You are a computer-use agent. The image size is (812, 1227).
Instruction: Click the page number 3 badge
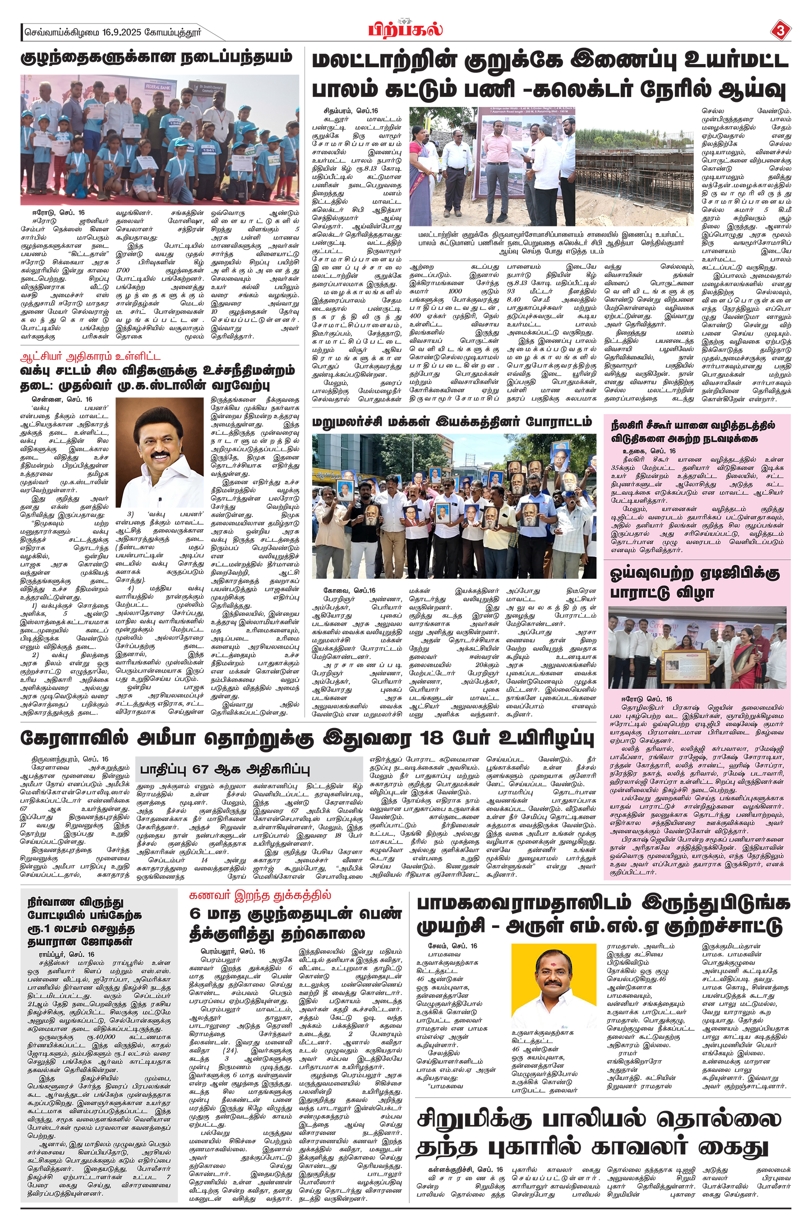[780, 32]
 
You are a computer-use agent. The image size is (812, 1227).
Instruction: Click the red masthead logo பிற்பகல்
[406, 30]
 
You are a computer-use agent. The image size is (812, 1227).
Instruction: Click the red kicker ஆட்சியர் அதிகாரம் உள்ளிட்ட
[90, 356]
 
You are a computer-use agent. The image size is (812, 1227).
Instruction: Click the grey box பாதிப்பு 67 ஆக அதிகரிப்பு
[224, 769]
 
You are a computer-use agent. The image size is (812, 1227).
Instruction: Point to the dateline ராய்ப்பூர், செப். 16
[67, 954]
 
